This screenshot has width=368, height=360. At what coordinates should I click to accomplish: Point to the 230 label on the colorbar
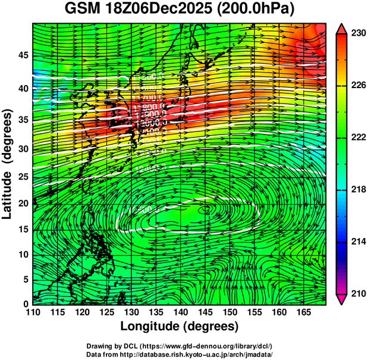tap(356, 34)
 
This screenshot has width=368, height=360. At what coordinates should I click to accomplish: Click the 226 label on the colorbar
tap(356, 86)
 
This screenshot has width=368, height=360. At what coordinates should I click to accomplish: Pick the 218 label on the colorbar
tap(356, 189)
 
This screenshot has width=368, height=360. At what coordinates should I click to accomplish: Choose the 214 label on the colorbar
tap(356, 241)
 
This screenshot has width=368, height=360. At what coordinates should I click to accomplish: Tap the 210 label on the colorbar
tap(356, 293)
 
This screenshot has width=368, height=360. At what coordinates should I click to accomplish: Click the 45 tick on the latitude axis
tap(21, 55)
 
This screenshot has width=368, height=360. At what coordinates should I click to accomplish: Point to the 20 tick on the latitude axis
tap(21, 204)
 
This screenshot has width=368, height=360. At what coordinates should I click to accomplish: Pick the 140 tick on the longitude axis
tap(180, 312)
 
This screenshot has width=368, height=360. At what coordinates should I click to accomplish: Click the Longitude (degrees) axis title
tap(180, 326)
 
